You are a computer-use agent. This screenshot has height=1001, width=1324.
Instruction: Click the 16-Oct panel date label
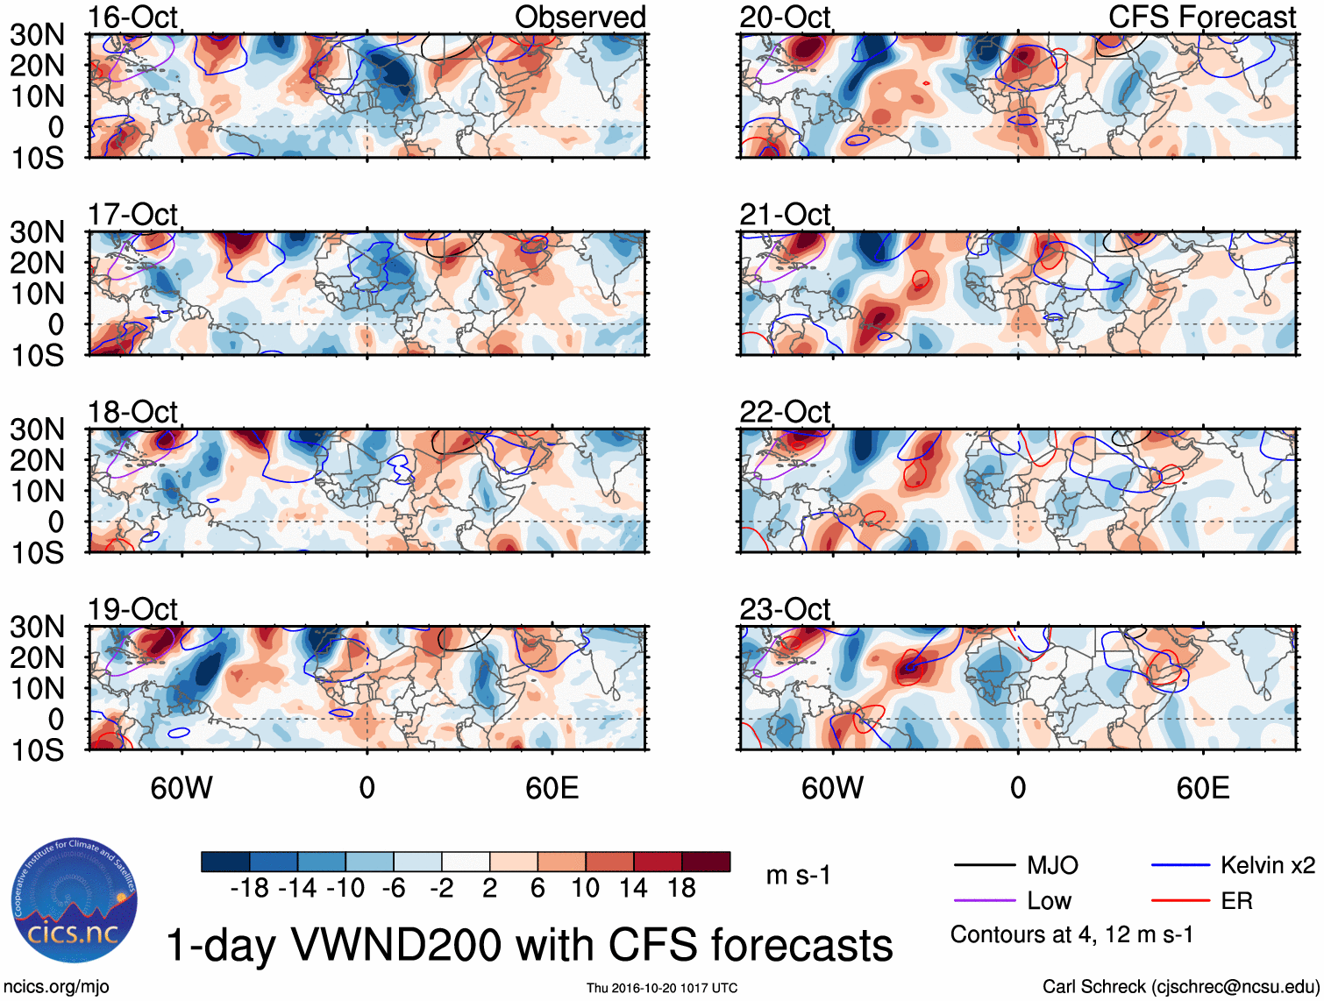pos(132,17)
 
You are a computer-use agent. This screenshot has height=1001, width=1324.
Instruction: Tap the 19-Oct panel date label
pos(132,609)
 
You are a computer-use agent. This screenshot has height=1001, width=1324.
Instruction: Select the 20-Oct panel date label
pos(784,17)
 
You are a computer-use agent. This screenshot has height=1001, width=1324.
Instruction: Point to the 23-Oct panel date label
pos(784,609)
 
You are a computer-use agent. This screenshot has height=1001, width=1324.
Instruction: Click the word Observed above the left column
pos(580,17)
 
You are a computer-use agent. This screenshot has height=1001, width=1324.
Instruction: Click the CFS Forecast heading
pos(1201,17)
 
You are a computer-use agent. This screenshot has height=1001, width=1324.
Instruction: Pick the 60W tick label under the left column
pos(182,788)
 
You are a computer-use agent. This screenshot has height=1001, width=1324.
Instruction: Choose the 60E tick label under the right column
pos(1202,788)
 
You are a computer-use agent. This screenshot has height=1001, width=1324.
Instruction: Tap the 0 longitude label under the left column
pos(367,788)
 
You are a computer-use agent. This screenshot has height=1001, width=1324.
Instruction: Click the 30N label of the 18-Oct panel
pos(37,430)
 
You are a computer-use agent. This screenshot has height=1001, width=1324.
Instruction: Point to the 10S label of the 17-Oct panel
pos(37,355)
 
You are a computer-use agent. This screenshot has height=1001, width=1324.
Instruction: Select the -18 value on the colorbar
pos(249,889)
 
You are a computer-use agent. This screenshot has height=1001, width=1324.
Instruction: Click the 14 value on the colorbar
pos(633,889)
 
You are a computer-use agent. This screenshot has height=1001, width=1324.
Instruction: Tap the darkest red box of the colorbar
pos(706,862)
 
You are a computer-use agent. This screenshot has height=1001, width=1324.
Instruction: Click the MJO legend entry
pos(1052,866)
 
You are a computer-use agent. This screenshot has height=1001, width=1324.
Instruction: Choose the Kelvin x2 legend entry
pos(1267,866)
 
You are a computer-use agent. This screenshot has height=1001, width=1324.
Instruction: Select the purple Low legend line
pos(984,900)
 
